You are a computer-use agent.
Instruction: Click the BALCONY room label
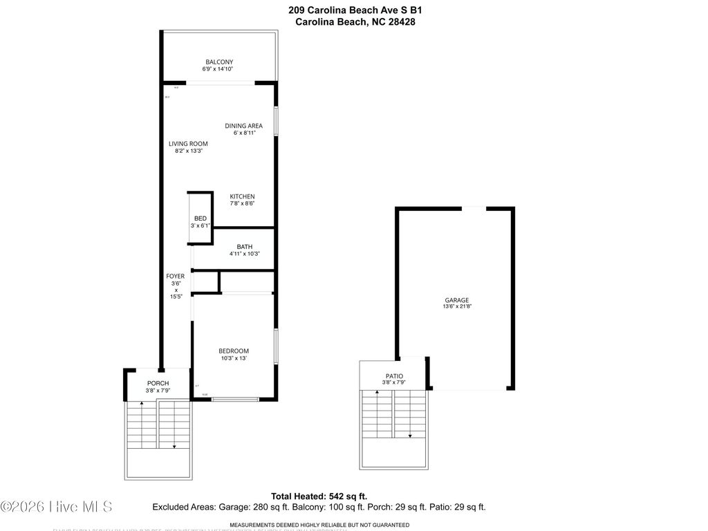(218, 62)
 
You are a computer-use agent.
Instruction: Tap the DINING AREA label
(243, 125)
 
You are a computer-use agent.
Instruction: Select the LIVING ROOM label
(188, 144)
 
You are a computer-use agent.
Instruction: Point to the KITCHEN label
(242, 196)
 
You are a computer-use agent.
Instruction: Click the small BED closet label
(200, 218)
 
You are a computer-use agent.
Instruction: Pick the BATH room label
(244, 247)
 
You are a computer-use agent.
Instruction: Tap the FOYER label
(175, 276)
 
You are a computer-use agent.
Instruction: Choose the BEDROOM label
(234, 351)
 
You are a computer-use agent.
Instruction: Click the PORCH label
(158, 383)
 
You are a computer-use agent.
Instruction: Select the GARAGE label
(456, 300)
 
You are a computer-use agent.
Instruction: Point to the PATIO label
(393, 375)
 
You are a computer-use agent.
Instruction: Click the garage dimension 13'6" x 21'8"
(456, 307)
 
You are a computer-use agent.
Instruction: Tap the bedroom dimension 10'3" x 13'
(234, 358)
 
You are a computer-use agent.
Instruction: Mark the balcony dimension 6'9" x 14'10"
(218, 69)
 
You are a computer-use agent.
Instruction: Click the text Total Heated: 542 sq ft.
(319, 496)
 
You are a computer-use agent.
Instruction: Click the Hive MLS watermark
(57, 507)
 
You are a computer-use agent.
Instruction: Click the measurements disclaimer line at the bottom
(319, 525)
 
